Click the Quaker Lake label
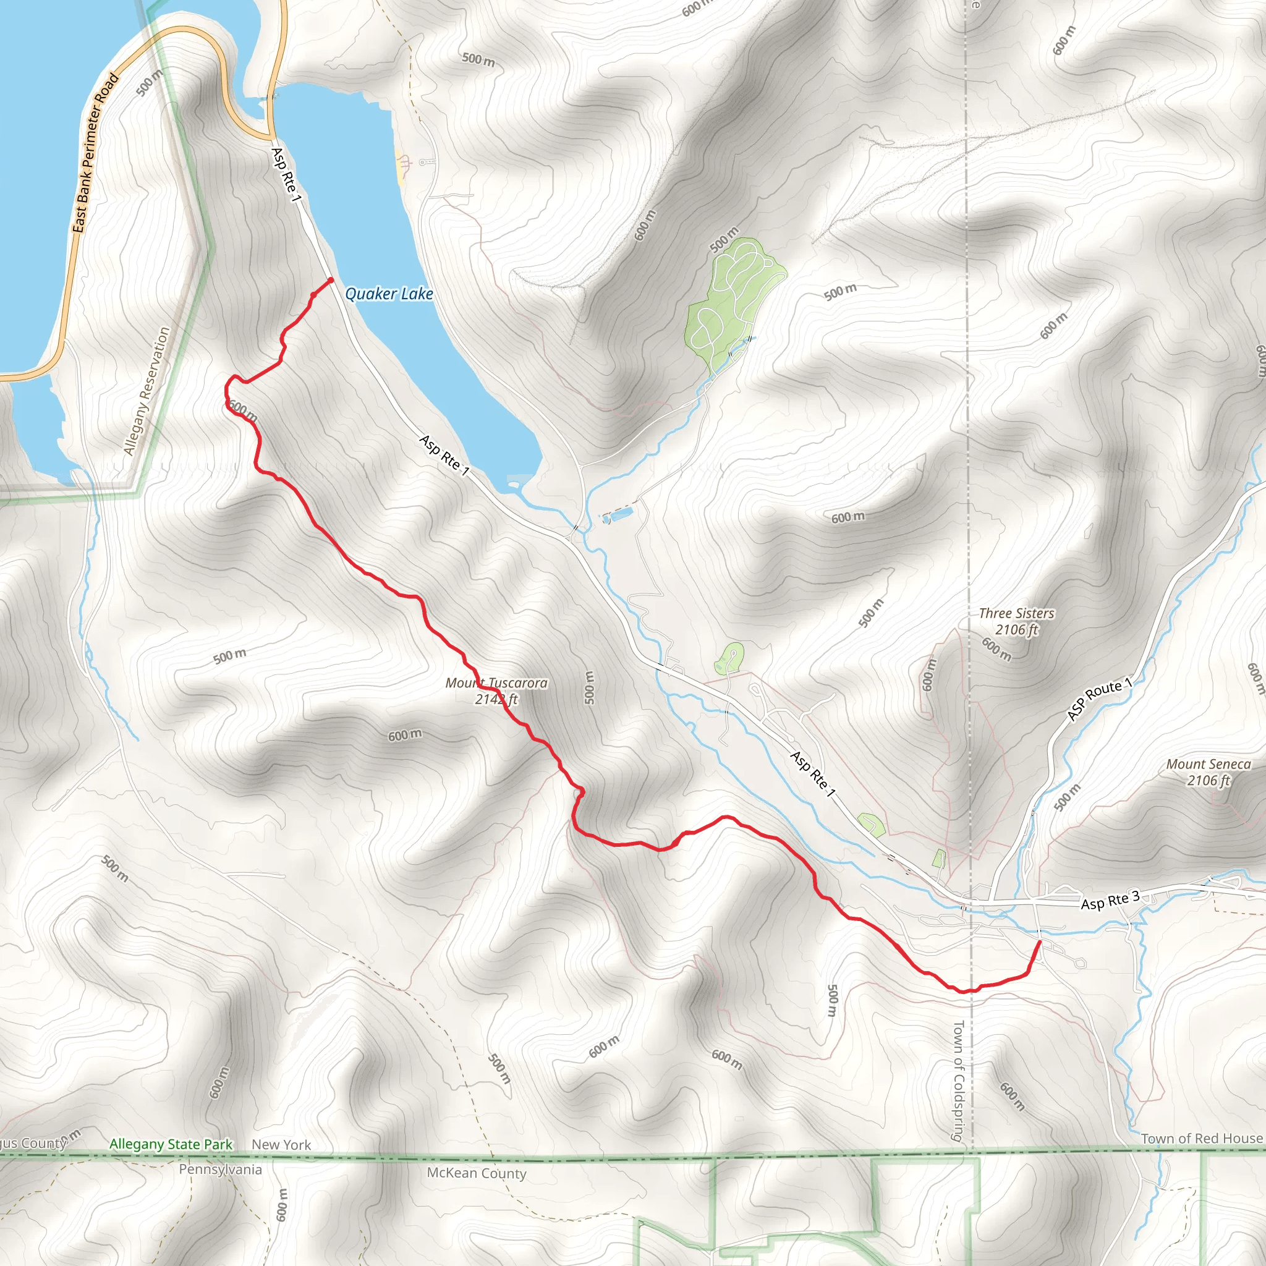point(389,294)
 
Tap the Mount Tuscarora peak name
point(496,683)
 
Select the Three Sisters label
point(1016,613)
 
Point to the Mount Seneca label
point(1209,764)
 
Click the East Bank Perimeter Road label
point(96,153)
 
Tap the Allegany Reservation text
point(147,391)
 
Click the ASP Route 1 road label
point(1099,699)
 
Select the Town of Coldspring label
point(958,1081)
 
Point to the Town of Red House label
point(1202,1139)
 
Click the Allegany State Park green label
point(171,1144)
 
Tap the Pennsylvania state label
point(220,1170)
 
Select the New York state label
point(281,1145)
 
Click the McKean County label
point(477,1173)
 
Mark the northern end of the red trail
point(331,281)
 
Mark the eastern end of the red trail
point(1040,941)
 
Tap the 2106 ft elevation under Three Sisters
point(1016,630)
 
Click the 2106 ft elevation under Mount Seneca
point(1209,781)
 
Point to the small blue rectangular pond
point(619,514)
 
